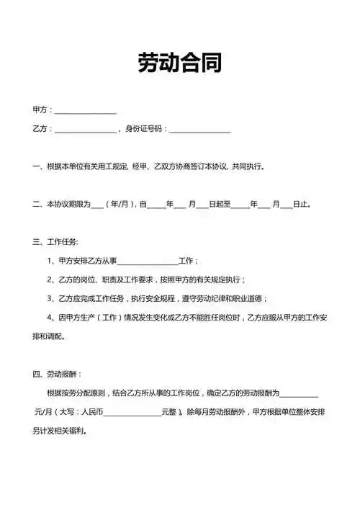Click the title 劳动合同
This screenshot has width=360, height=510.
point(180,63)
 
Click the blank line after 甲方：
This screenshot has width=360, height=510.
point(85,111)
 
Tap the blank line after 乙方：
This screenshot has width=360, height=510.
point(85,130)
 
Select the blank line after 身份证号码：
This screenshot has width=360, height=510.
point(200,130)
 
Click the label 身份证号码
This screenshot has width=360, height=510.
point(144,129)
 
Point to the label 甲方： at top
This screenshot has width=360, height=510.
point(42,109)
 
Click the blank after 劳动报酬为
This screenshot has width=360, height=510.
point(298,395)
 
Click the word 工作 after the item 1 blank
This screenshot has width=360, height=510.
point(186,261)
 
